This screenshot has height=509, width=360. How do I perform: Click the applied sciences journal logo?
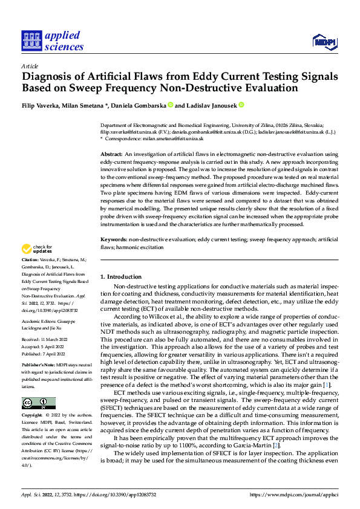(53, 40)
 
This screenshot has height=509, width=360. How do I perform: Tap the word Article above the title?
(30, 66)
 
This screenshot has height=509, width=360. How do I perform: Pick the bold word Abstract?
(112, 155)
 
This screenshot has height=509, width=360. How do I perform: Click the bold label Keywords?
(114, 240)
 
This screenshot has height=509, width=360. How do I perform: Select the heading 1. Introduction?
(121, 277)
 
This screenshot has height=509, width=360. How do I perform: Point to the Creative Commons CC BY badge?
(38, 403)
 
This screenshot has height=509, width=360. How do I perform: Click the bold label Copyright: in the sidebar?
(33, 416)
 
